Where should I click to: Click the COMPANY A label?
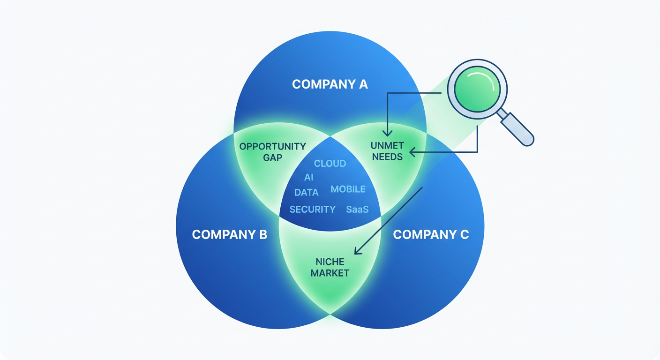(330, 84)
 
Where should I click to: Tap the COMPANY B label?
(229, 234)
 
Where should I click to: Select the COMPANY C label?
(431, 234)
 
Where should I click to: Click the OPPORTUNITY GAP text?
(272, 152)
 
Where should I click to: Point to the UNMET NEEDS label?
(387, 151)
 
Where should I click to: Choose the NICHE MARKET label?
(330, 267)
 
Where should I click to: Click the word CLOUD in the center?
(330, 164)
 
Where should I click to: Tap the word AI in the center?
(308, 178)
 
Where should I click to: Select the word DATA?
(306, 192)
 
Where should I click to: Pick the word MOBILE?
(348, 189)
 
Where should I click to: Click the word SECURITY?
(312, 210)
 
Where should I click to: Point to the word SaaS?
(357, 210)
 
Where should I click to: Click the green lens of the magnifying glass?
(477, 90)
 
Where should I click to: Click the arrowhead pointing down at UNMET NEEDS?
(387, 134)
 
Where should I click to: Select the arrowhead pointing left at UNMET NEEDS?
(412, 152)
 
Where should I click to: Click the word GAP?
(272, 157)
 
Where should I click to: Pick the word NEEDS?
(387, 157)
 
